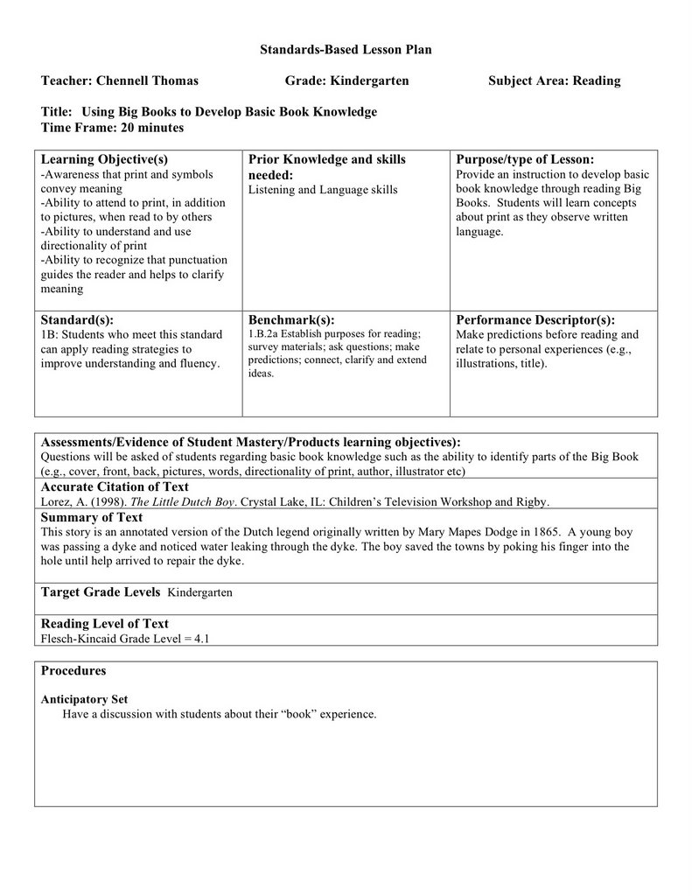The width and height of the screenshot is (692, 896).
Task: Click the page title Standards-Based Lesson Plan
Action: [x=346, y=50]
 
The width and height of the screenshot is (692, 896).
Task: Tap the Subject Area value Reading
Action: [x=596, y=80]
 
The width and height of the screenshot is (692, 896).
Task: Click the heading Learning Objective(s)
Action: [x=104, y=159]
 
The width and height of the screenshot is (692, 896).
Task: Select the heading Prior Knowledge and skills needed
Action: [x=326, y=166]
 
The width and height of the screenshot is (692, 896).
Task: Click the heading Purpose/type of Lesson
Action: [x=525, y=159]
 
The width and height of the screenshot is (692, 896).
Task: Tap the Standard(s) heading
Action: [x=77, y=320]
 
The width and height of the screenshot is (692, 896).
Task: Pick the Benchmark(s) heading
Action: [x=291, y=320]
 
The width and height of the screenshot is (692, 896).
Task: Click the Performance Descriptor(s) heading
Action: [x=535, y=320]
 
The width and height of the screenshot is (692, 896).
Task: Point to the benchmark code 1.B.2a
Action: [x=264, y=334]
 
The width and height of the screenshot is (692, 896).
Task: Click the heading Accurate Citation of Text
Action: [x=115, y=486]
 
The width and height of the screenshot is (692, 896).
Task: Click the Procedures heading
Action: [x=73, y=670]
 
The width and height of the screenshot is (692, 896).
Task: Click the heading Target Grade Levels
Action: [x=100, y=591]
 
